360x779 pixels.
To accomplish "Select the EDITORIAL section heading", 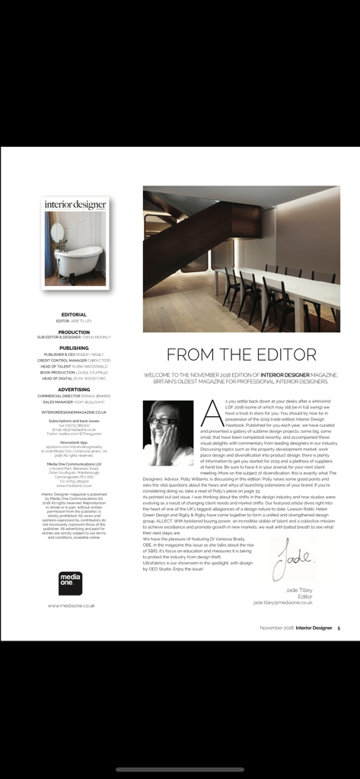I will click(74, 313).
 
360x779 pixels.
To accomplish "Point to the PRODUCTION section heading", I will click(74, 332).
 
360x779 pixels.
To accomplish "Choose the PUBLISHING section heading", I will click(74, 348).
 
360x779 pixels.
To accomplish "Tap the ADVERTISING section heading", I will click(74, 389).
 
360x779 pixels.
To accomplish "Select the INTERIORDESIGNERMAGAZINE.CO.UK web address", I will click(74, 412).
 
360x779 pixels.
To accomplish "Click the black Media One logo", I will click(70, 583).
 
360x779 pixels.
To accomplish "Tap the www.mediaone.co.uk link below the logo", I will click(71, 606).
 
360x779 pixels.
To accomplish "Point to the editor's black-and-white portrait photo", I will click(168, 433).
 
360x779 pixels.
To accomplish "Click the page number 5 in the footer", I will click(339, 628).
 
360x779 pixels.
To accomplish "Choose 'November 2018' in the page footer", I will click(276, 628).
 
